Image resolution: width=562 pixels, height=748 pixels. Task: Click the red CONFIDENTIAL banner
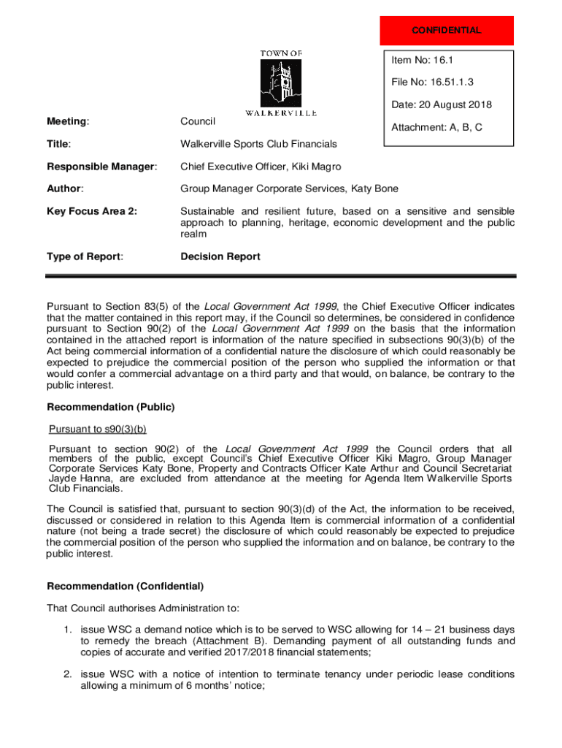coord(447,31)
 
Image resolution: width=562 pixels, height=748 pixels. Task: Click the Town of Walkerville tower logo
coord(281,82)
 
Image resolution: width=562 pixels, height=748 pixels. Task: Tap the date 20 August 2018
coord(441,104)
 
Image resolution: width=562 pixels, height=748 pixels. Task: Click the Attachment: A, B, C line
coord(436,127)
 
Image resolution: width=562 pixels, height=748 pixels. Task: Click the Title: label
coord(59,144)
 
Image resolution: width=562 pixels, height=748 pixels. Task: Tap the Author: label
coord(65,189)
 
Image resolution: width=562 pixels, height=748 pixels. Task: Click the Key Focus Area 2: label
coord(92,212)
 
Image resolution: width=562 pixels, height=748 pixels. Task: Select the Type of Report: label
coord(85,256)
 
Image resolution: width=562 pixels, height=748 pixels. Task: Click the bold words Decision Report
coord(220,256)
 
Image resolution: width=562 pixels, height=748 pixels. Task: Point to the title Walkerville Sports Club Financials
coord(258,144)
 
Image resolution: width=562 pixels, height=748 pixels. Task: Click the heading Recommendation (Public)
coord(111,407)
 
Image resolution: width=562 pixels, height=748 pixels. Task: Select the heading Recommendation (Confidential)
coord(126,586)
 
